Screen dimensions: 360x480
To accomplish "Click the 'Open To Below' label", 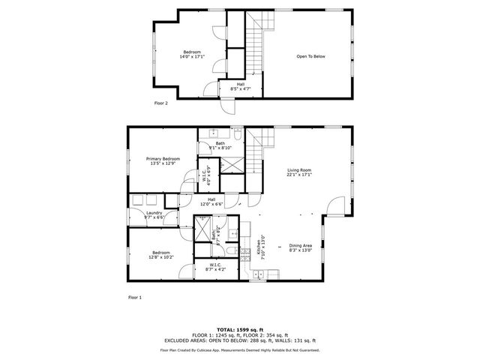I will (310, 56).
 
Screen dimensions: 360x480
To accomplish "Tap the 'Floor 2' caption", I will (161, 103).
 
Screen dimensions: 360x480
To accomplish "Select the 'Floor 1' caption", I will (134, 298).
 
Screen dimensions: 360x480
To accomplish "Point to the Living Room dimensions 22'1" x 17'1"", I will (299, 175).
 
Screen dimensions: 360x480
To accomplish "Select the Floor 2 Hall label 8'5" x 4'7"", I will (240, 86).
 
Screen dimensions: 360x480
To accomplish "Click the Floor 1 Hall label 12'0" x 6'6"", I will (212, 201).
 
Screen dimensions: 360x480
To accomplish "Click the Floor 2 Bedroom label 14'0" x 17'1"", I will (193, 54).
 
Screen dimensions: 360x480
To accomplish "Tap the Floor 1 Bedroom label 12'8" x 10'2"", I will (161, 254).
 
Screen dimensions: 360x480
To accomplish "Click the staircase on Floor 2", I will (258, 45).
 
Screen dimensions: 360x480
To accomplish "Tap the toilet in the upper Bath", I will (237, 135).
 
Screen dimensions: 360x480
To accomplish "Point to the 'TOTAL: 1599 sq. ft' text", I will (239, 329).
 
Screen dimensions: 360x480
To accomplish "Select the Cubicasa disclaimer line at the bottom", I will (239, 350).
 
